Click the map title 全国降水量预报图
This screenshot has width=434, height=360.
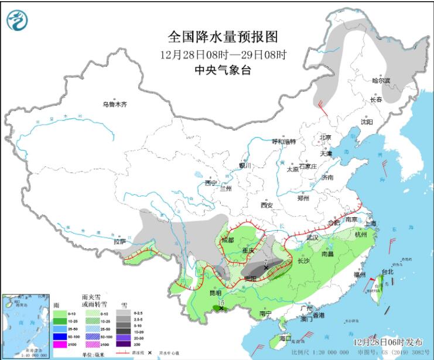click(x=222, y=37)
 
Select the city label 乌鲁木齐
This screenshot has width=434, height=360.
click(x=115, y=105)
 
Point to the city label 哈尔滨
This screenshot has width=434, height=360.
click(x=381, y=81)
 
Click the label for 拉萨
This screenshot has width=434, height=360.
click(x=119, y=241)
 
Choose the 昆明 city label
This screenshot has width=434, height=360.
click(x=215, y=292)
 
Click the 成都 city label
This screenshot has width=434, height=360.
click(x=228, y=240)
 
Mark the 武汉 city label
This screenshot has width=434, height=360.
click(x=311, y=238)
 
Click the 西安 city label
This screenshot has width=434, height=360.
click(x=267, y=205)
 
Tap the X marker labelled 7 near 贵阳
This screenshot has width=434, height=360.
click(x=266, y=267)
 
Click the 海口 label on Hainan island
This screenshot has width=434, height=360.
click(x=285, y=339)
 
